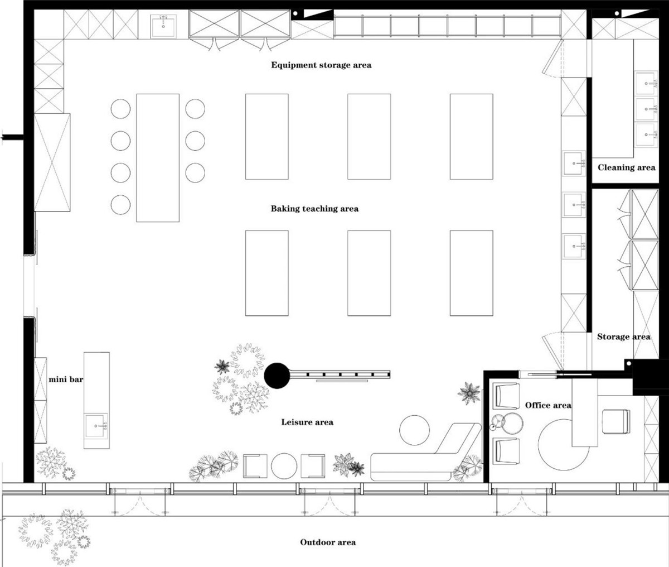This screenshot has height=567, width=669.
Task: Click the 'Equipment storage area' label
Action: point(321,65)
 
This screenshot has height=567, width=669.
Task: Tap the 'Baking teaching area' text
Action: point(314,208)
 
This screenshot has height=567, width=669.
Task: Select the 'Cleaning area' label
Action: point(626,167)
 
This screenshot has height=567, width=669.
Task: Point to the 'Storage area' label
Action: point(624,337)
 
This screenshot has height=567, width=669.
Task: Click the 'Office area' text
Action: point(548,405)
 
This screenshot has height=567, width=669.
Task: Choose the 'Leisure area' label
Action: point(307,422)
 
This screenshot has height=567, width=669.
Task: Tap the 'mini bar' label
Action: point(66,379)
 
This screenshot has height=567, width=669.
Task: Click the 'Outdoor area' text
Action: point(328,542)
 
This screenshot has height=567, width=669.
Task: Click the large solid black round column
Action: point(277,376)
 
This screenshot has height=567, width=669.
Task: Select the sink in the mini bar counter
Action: point(96,425)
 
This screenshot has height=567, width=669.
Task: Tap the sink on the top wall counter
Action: point(163,26)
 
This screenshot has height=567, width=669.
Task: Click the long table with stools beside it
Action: point(158,158)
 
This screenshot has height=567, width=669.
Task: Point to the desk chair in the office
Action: point(616,421)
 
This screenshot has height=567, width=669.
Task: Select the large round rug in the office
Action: point(564,444)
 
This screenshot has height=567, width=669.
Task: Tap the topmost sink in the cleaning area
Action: point(646,83)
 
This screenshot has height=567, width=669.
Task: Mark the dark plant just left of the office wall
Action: point(469,393)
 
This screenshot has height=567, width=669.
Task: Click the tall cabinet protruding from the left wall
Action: point(52,162)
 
